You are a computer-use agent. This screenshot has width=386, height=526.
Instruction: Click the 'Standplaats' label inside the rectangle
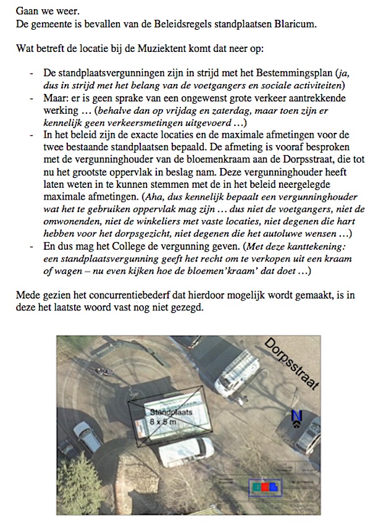(171, 412)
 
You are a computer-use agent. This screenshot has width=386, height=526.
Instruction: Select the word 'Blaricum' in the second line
(295, 25)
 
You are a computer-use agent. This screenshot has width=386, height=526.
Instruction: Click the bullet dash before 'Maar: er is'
(32, 98)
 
